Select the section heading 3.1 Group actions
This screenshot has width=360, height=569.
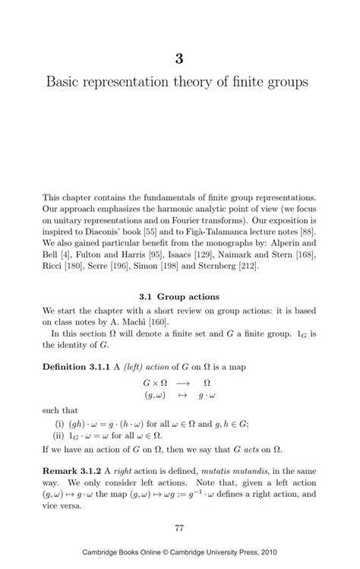180,296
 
